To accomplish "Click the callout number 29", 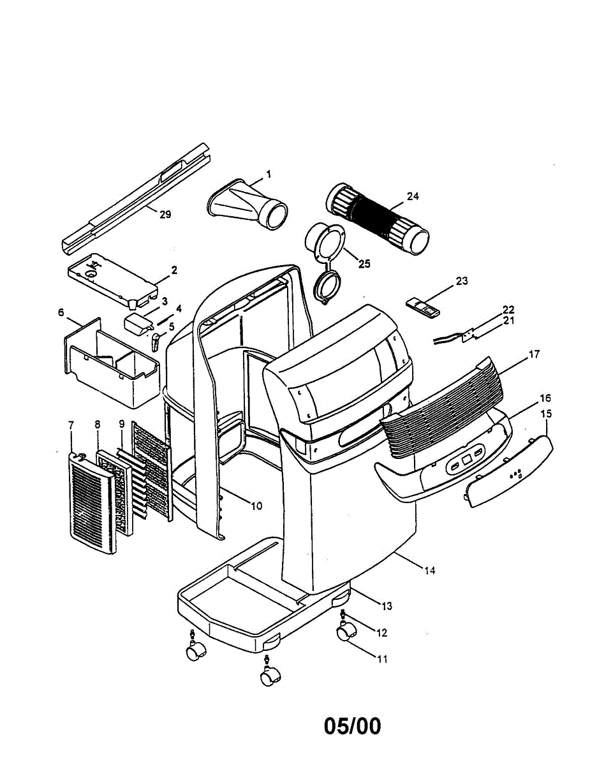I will [x=165, y=214].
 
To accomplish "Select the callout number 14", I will [x=430, y=571].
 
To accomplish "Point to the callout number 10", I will [x=255, y=506].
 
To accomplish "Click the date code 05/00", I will [x=352, y=725].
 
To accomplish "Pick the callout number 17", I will [x=534, y=354].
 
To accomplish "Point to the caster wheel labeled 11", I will [x=346, y=633].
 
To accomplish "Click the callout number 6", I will [x=61, y=312].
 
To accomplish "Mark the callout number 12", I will [x=381, y=632].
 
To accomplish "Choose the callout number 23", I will [x=462, y=280].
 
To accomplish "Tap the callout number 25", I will [x=364, y=263].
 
